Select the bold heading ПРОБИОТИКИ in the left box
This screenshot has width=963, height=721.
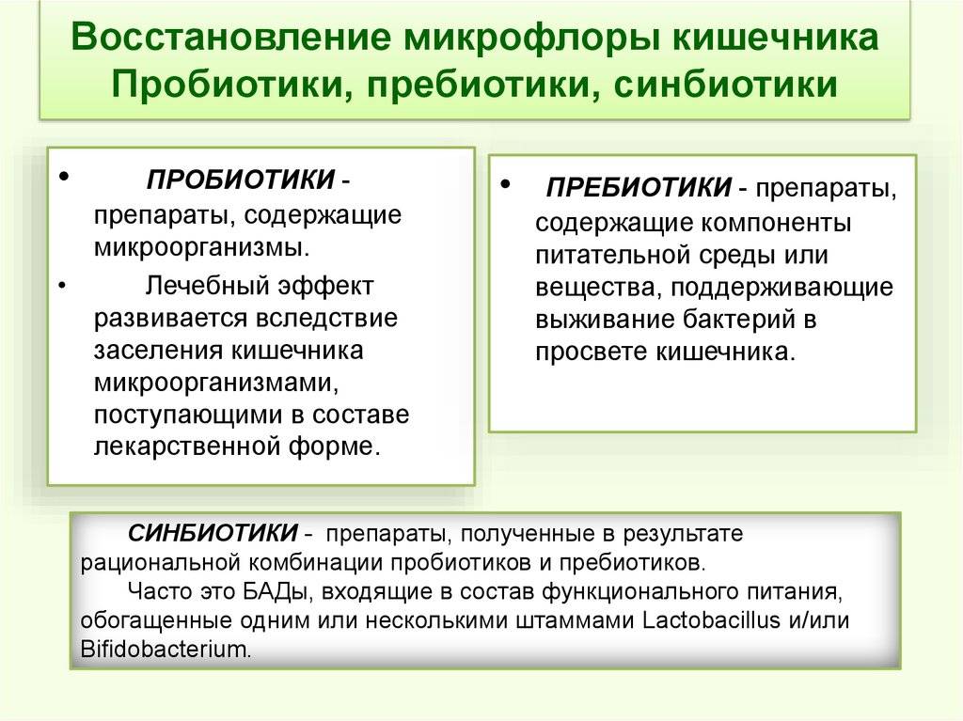(241, 180)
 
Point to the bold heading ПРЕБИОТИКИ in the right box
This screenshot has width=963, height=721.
(639, 187)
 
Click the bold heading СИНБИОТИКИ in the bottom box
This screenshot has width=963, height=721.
(213, 532)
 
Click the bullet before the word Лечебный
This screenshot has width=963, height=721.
(63, 286)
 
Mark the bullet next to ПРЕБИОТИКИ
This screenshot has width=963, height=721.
(505, 183)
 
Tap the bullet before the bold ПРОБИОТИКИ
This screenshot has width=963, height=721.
(64, 177)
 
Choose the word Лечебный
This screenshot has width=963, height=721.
(207, 286)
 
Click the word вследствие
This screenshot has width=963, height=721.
(325, 318)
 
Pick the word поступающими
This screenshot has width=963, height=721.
(188, 415)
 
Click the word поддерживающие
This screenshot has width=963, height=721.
(781, 288)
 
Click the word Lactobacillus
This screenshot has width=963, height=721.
(711, 619)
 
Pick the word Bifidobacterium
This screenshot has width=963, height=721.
(166, 650)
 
